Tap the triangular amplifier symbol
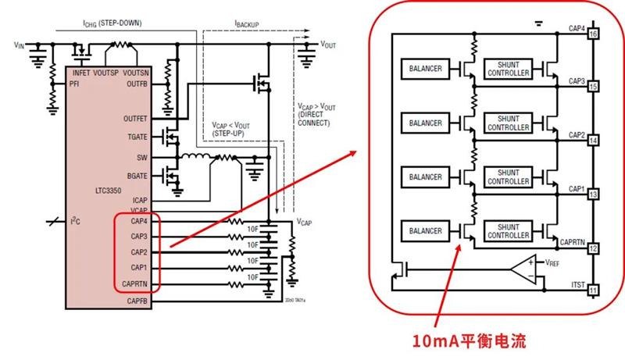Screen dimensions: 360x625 tap(522, 270)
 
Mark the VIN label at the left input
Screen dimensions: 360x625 tap(20, 46)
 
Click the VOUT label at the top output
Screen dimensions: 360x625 tap(328, 45)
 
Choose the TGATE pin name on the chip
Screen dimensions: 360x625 tap(136, 137)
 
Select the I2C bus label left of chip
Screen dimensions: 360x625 tap(75, 222)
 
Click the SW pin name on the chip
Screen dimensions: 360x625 tap(141, 157)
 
